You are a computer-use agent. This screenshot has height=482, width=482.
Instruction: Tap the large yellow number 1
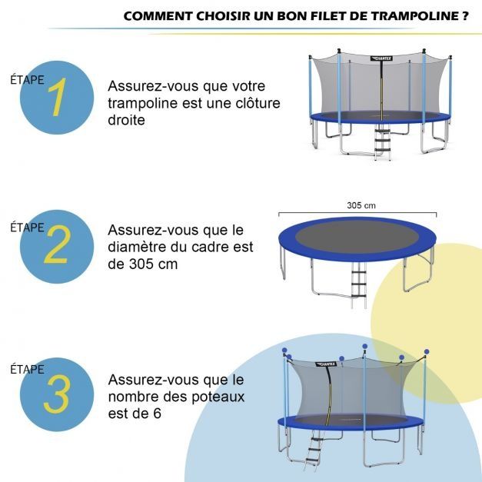[x=57, y=99]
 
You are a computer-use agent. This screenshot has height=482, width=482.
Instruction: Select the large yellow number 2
[x=57, y=247]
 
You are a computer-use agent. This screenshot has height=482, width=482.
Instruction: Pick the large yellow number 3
[x=57, y=394]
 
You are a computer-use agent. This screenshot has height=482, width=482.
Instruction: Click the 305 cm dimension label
[x=361, y=205]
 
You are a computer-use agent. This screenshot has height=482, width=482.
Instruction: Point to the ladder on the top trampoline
[x=381, y=141]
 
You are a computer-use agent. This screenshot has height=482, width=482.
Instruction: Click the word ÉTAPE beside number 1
[x=27, y=79]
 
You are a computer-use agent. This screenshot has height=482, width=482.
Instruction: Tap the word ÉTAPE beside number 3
[x=27, y=370]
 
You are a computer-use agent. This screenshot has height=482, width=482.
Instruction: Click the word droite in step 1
[x=126, y=120]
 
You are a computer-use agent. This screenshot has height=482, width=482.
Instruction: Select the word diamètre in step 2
[x=139, y=247]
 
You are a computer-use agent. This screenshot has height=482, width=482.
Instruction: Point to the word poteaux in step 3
[x=219, y=397]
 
